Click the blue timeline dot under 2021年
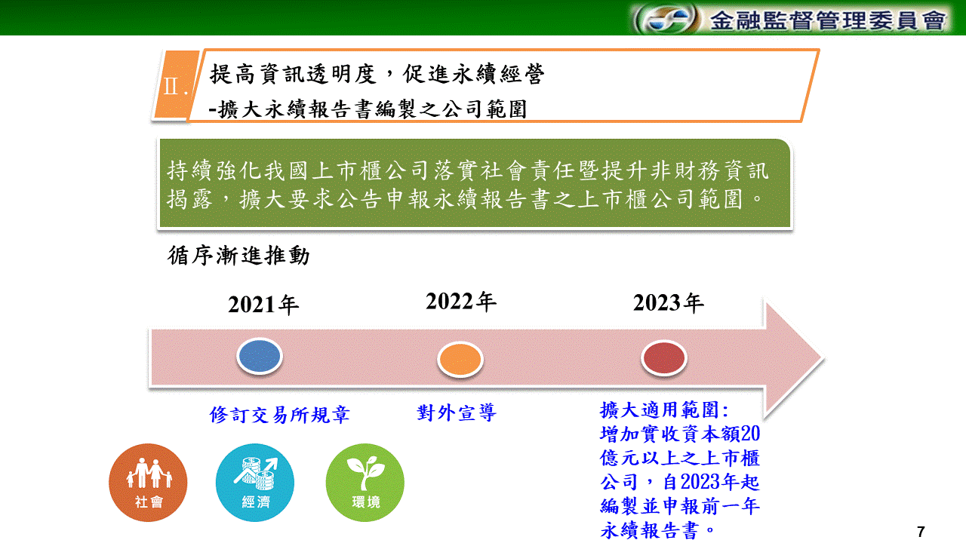[x=260, y=356]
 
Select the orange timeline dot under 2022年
[x=460, y=360]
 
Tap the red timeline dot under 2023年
[x=663, y=357]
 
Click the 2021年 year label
[x=263, y=305]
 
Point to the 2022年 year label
[x=461, y=301]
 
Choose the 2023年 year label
[x=669, y=302]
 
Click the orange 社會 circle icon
[x=148, y=483]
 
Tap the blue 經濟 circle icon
[x=255, y=483]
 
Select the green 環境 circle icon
[x=365, y=483]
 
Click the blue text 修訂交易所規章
[x=279, y=415]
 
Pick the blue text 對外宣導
[x=457, y=413]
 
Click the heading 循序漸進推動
[x=238, y=256]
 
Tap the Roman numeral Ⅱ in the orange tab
[x=171, y=86]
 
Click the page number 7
[x=921, y=532]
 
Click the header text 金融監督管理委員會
[x=828, y=20]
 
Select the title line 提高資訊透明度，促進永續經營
[x=377, y=74]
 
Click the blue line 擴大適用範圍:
[x=664, y=410]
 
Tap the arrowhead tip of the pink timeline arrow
[x=823, y=358]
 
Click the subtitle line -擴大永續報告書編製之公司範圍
[x=368, y=109]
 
